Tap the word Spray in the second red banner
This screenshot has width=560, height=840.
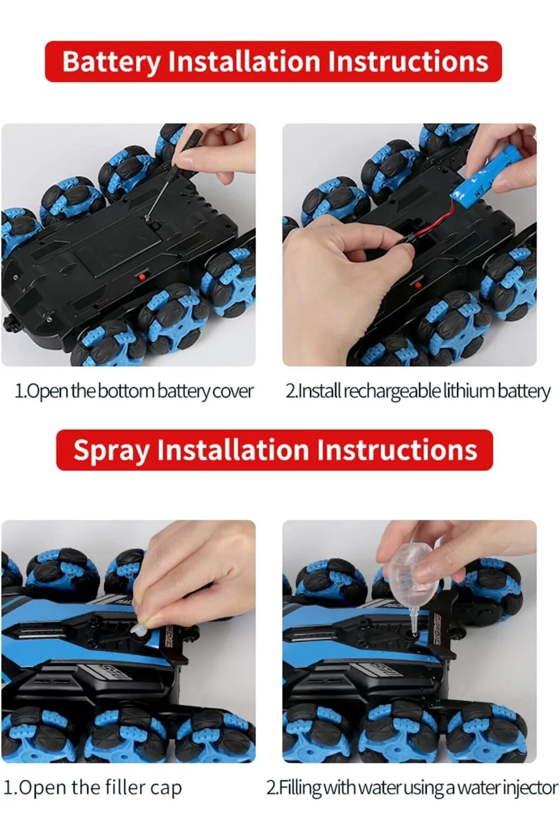[112, 451]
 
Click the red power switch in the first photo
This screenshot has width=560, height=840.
[140, 276]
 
